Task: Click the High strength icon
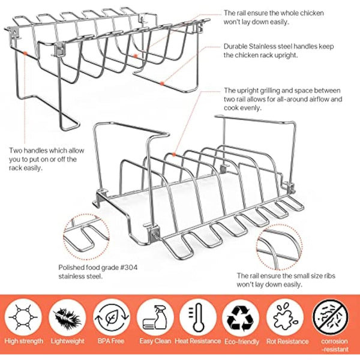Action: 24,316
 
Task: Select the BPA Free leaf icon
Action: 110,316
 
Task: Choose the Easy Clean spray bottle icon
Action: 154,316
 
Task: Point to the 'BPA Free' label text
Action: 110,341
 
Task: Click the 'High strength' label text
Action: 23,341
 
